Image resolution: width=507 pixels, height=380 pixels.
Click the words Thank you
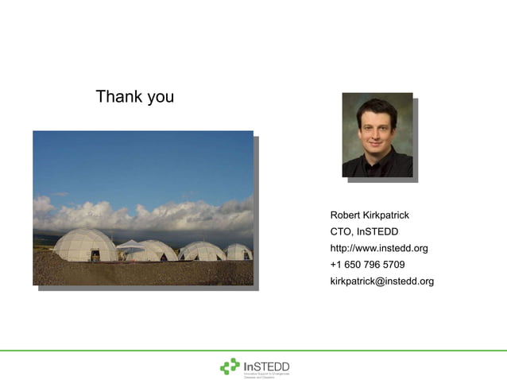tap(134, 97)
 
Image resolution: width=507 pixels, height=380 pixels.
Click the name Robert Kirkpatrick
tap(370, 215)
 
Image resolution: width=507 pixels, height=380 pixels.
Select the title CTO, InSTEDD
tap(363, 232)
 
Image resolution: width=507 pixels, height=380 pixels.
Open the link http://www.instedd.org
tap(378, 248)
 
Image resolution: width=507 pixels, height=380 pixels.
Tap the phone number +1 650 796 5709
tap(367, 265)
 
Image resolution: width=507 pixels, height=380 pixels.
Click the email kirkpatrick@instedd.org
tap(381, 281)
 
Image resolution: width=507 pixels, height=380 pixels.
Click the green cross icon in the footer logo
tap(230, 366)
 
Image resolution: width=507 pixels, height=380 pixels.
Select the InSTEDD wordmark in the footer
tap(266, 365)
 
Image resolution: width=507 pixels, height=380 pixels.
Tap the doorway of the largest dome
tap(95, 255)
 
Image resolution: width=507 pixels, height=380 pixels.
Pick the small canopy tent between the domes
tap(130, 246)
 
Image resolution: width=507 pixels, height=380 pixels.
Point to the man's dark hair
tap(376, 107)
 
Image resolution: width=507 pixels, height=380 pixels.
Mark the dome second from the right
tap(201, 251)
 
